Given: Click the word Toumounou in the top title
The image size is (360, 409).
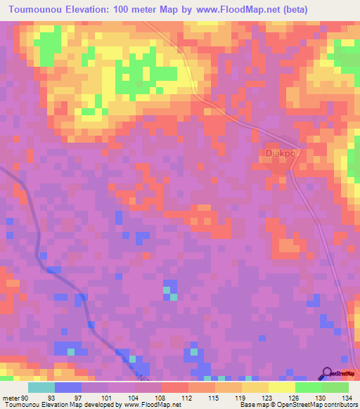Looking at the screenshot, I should [x=37, y=8].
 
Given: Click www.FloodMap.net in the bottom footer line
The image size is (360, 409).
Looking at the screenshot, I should [x=151, y=404].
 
